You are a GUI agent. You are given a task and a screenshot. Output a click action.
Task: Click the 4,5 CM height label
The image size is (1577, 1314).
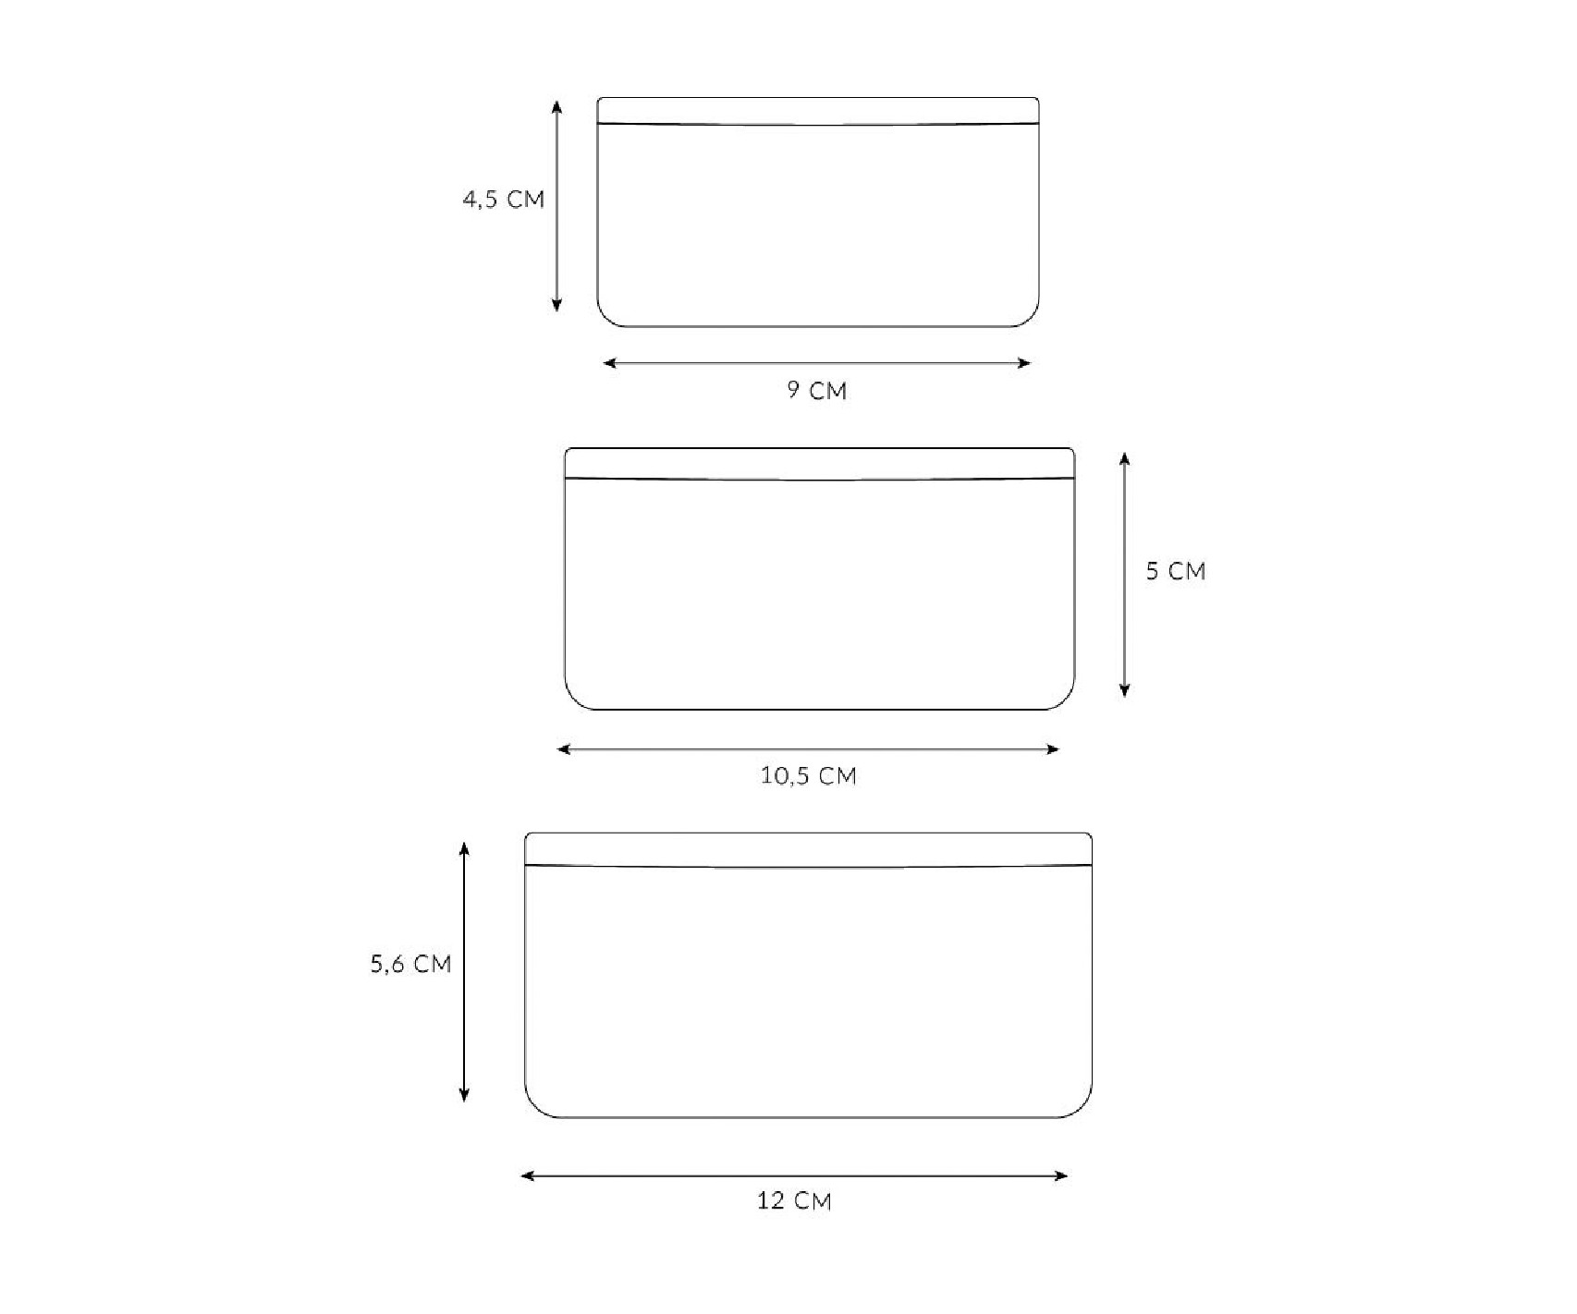pyautogui.click(x=503, y=200)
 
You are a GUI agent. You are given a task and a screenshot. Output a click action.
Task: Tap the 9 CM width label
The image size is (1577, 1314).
pyautogui.click(x=817, y=390)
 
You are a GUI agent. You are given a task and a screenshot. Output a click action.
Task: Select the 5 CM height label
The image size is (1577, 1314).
pyautogui.click(x=1176, y=571)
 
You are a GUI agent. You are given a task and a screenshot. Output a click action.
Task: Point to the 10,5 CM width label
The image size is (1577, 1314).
pyautogui.click(x=809, y=775)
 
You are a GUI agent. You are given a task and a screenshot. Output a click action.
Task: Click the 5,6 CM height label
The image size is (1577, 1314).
pyautogui.click(x=411, y=964)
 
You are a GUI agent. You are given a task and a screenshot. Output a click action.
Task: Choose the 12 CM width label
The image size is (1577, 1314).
pyautogui.click(x=794, y=1201)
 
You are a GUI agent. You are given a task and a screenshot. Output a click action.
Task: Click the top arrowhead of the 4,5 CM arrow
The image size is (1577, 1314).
pyautogui.click(x=556, y=105)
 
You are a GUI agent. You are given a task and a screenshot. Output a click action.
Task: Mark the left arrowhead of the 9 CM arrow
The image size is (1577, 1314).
pyautogui.click(x=609, y=363)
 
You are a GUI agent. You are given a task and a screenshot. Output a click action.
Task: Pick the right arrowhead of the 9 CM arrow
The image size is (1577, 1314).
pyautogui.click(x=1024, y=363)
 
